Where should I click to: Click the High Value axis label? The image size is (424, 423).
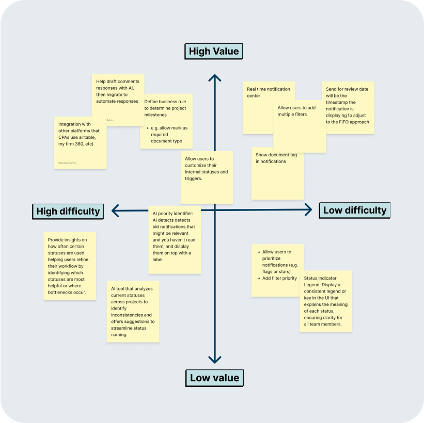pyautogui.click(x=214, y=51)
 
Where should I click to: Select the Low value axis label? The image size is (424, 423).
pyautogui.click(x=214, y=378)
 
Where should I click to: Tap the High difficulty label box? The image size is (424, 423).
pyautogui.click(x=68, y=211)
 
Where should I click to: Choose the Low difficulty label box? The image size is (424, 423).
pyautogui.click(x=354, y=210)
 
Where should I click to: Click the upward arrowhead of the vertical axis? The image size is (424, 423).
pyautogui.click(x=214, y=78)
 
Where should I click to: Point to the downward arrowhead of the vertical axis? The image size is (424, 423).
pyautogui.click(x=214, y=359)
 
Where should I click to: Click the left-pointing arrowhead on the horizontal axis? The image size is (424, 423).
pyautogui.click(x=116, y=210)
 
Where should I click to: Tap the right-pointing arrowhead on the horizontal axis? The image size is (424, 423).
pyautogui.click(x=308, y=209)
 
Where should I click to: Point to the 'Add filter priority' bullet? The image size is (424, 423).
pyautogui.click(x=279, y=278)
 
